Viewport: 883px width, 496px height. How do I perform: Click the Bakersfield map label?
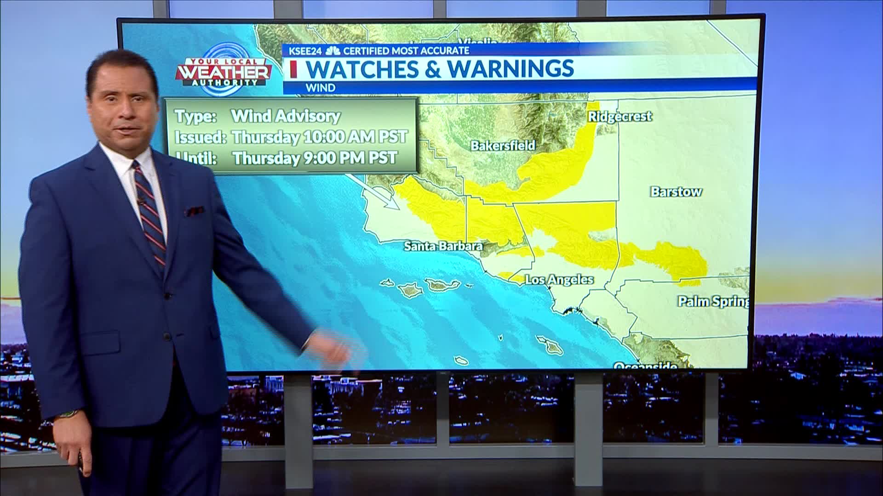click(503, 146)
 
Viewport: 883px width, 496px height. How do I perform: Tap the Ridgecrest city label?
click(619, 117)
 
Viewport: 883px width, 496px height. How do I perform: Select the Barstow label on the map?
click(676, 192)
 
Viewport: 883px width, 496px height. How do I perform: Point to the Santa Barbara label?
click(443, 246)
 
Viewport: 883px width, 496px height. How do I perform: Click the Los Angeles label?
click(559, 279)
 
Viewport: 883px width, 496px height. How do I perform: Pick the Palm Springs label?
click(713, 301)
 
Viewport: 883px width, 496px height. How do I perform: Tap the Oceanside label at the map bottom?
click(645, 366)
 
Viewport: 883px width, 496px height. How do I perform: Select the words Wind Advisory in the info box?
click(285, 116)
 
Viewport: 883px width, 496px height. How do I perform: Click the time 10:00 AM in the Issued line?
click(337, 137)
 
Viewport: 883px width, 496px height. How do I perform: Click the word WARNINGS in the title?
click(510, 68)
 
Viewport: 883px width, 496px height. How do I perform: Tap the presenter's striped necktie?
click(149, 211)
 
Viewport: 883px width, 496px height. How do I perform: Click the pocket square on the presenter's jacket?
click(195, 211)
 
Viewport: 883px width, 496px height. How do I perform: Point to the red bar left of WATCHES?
click(293, 69)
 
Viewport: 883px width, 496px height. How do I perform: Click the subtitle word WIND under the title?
click(320, 87)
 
